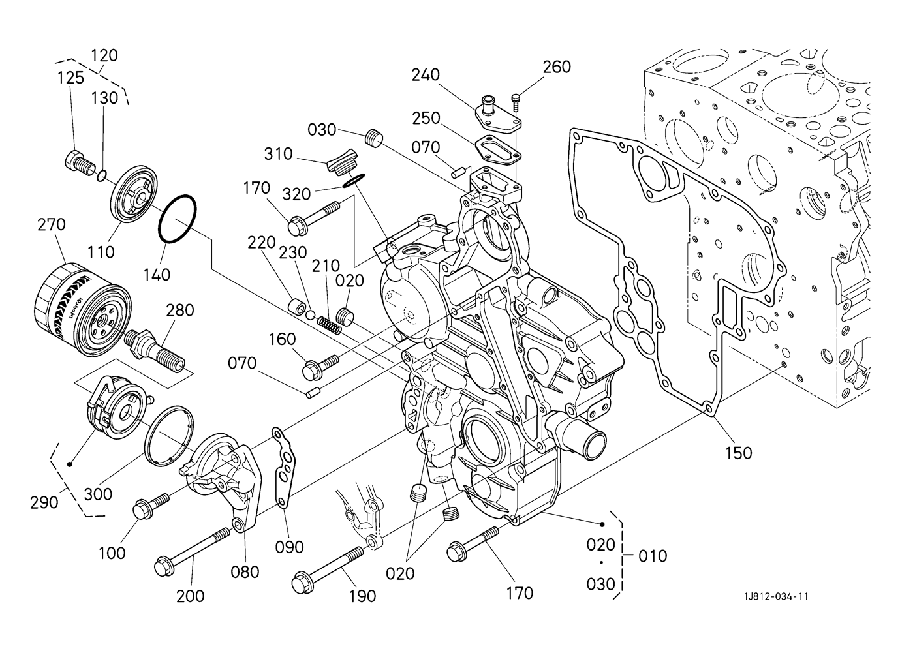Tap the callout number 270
click(x=52, y=224)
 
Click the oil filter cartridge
click(x=83, y=310)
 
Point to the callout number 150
click(x=739, y=453)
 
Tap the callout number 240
click(x=426, y=75)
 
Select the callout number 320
click(x=296, y=194)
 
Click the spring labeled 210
click(x=330, y=325)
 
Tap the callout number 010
click(x=653, y=556)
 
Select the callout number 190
click(x=362, y=596)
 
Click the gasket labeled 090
click(x=285, y=468)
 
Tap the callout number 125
click(x=70, y=78)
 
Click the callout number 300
click(x=98, y=494)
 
